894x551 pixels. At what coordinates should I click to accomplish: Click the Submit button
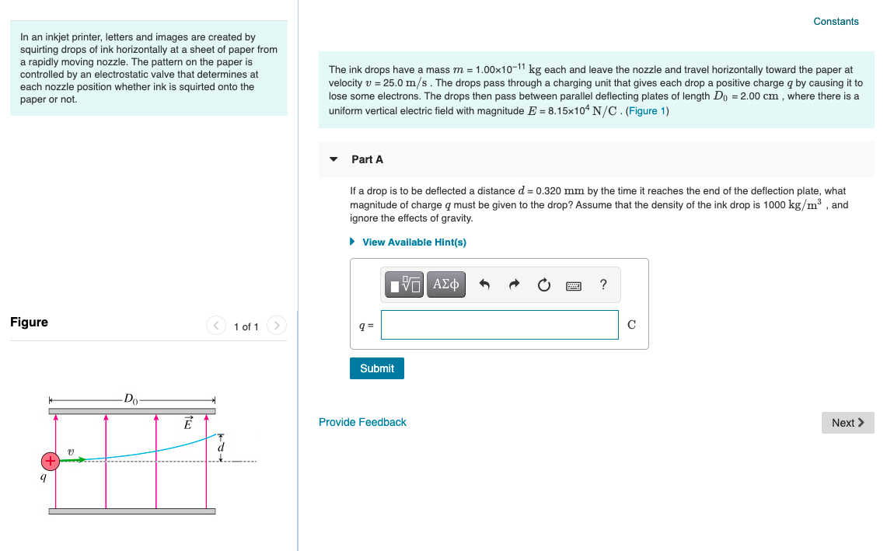[377, 368]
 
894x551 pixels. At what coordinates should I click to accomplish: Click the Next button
[847, 423]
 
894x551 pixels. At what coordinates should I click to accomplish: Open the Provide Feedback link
[362, 422]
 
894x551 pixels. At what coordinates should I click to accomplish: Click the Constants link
[836, 22]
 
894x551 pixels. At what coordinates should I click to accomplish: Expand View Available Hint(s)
[414, 242]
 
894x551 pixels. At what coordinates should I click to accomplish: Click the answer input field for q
[499, 325]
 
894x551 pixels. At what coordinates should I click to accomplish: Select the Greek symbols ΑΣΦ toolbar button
[445, 284]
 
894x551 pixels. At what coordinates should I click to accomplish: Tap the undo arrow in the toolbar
[484, 285]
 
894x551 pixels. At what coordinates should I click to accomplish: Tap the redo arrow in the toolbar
[514, 285]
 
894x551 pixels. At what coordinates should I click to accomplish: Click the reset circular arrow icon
[543, 285]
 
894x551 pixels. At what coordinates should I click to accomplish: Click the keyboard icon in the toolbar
[574, 285]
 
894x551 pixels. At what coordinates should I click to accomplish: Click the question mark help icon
[603, 284]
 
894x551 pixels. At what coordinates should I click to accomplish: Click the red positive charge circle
[51, 461]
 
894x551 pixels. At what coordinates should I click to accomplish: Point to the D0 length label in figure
[131, 399]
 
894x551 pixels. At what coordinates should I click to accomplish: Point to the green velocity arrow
[73, 460]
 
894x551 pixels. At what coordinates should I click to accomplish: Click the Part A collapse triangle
[334, 159]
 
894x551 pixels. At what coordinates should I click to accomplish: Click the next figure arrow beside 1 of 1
[276, 326]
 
